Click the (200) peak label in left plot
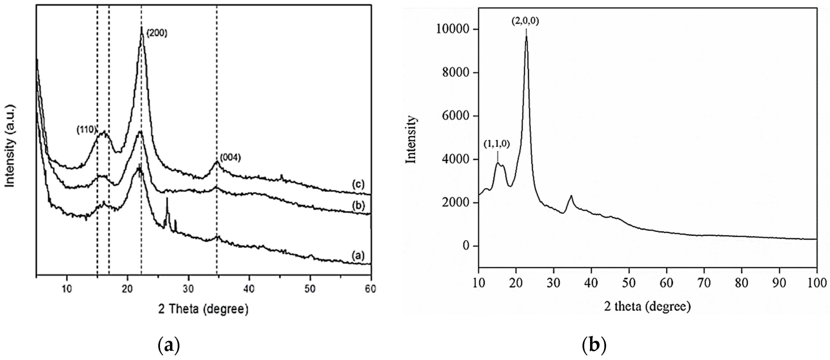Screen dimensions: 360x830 pos(157,34)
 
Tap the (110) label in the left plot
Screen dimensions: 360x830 pos(86,130)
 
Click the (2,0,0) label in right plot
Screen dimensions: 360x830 pos(525,22)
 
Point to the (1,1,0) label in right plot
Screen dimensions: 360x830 pos(496,145)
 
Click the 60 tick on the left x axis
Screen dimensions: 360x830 pos(371,289)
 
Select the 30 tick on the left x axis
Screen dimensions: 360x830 pos(188,289)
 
